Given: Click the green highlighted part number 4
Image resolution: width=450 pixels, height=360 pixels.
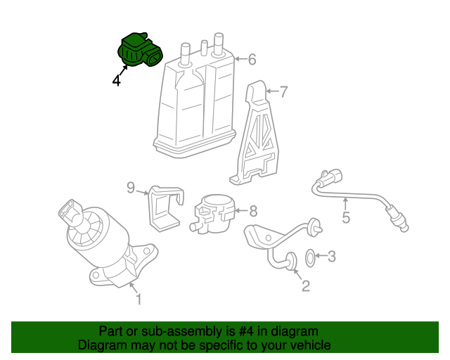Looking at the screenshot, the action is (140, 50).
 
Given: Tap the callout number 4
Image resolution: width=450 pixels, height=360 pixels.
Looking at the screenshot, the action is (117, 81).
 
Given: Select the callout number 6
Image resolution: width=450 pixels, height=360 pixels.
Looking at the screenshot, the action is (252, 60).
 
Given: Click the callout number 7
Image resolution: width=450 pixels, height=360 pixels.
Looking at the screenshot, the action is (283, 92).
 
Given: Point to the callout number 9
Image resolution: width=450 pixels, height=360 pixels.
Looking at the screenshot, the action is (131, 188).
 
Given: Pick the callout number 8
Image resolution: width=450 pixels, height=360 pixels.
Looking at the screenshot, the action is (253, 212).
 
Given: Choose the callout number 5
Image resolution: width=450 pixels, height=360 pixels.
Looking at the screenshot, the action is (346, 217).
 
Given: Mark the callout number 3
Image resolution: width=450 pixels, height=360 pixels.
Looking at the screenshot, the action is (331, 257).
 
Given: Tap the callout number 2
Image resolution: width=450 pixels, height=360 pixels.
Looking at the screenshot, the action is (306, 286).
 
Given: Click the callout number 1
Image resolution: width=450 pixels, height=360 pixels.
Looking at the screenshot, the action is (139, 299).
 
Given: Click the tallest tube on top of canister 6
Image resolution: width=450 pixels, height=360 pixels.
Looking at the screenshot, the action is (219, 44).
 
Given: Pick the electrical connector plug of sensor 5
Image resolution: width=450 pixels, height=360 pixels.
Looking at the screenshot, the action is (333, 176).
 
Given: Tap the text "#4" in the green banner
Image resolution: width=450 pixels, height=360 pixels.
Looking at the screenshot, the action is (246, 332).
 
